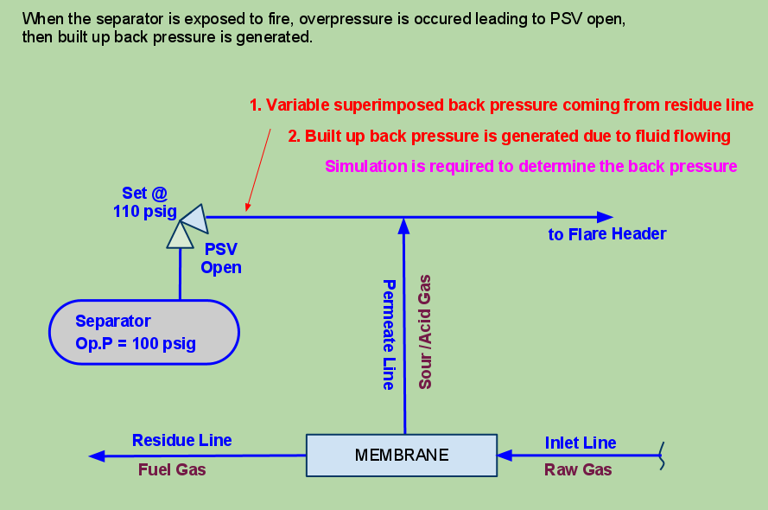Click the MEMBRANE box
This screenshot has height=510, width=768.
[x=402, y=455]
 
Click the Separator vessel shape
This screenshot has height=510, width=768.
[x=144, y=331]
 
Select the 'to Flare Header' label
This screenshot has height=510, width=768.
[x=606, y=234]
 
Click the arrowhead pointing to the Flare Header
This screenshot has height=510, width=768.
[x=604, y=217]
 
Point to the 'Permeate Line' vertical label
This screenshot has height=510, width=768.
[x=389, y=334]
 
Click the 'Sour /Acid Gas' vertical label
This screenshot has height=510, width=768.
[x=425, y=332]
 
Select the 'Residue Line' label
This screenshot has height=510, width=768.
[x=181, y=440]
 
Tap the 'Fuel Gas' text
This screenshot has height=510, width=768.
[x=172, y=469]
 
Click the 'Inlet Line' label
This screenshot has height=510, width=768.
[x=580, y=443]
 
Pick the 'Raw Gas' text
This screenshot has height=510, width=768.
[x=577, y=470]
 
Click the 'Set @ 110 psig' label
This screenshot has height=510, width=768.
[x=144, y=202]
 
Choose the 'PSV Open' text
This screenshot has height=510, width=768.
[x=220, y=258]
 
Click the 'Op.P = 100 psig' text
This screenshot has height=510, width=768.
[x=136, y=343]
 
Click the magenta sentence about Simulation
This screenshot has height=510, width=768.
[x=530, y=166]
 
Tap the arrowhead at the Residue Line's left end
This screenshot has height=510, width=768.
[x=98, y=456]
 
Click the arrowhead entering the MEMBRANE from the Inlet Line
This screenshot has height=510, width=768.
[x=505, y=455]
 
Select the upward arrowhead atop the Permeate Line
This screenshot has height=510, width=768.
[x=403, y=226]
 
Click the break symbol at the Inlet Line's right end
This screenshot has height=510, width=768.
[x=662, y=456]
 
